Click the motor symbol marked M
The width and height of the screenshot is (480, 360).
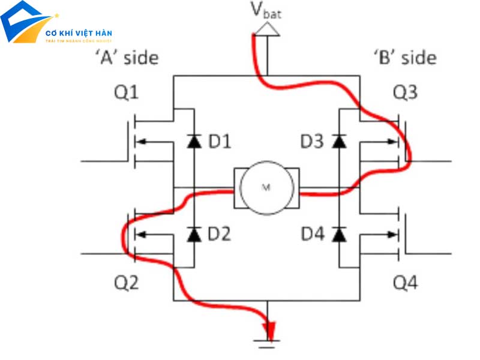coord(266,187)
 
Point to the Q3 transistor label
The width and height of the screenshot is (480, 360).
coord(406,93)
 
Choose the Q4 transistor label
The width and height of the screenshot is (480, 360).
coord(406,281)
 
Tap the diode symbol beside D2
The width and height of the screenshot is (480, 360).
coord(193,234)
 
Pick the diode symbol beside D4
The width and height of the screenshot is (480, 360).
coord(339,234)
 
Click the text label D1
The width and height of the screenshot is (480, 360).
coord(219,142)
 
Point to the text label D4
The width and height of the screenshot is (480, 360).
coord(313,234)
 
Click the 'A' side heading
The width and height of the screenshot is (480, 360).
coord(126,58)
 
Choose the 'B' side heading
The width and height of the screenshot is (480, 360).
coord(404,58)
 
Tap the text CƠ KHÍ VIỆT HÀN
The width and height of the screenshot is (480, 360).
coord(79,32)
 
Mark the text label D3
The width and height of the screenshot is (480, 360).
coord(313,142)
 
